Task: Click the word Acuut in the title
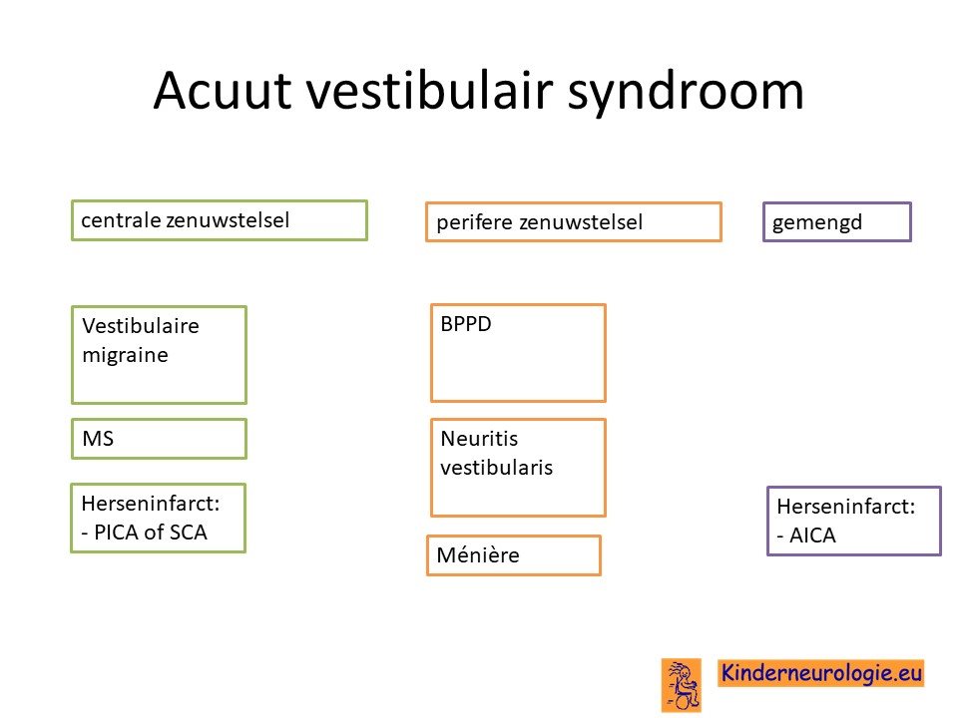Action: (223, 91)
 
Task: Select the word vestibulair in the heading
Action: (430, 91)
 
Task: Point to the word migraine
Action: (126, 356)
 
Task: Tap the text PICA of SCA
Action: (151, 533)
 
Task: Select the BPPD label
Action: (466, 323)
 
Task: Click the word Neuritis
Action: (480, 439)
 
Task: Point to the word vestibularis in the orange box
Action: (497, 468)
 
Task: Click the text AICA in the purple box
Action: (812, 536)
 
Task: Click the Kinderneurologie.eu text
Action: (821, 673)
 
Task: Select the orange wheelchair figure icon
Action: (682, 685)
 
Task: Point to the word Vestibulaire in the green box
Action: (141, 326)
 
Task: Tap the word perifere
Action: (474, 222)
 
